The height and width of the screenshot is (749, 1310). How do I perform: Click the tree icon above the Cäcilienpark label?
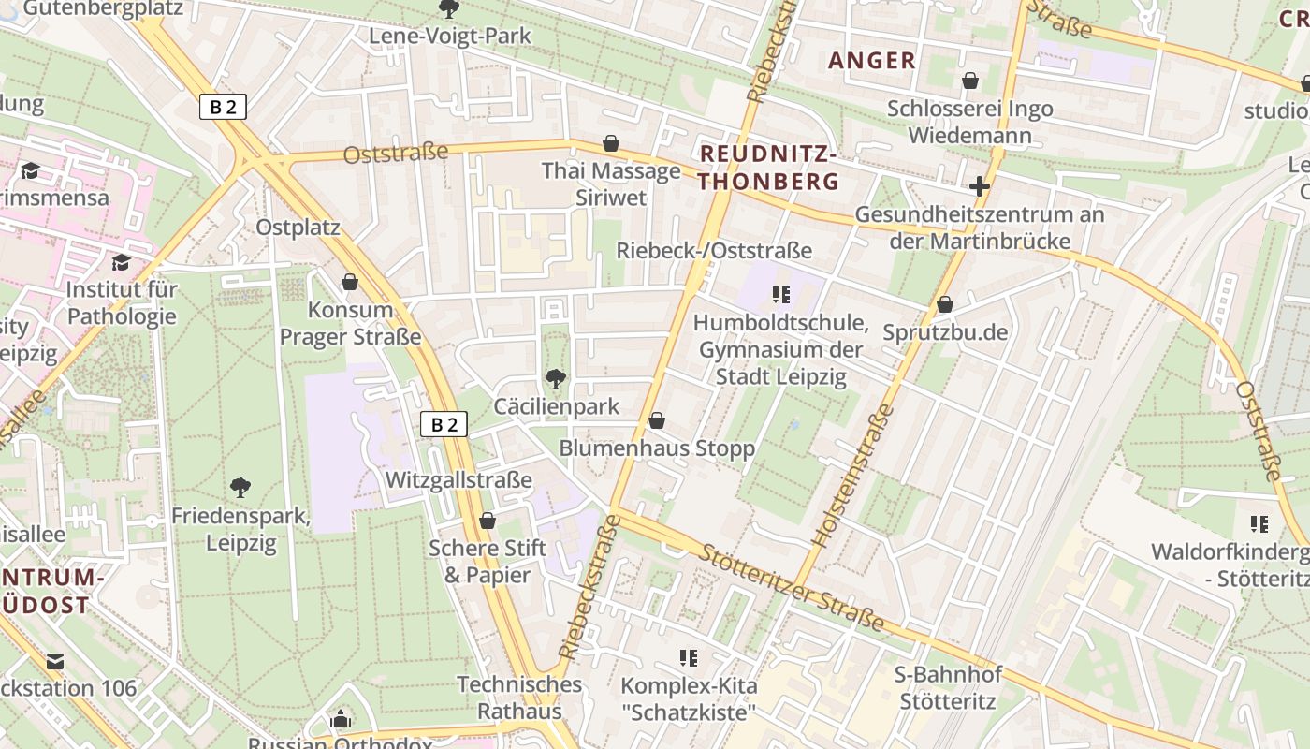[556, 379]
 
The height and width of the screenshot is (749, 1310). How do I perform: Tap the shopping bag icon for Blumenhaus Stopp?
[657, 421]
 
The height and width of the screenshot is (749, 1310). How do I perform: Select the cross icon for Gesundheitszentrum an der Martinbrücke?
[980, 186]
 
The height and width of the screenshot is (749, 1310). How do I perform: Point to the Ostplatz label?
[298, 228]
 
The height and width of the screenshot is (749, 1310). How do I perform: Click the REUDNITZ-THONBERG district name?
[769, 168]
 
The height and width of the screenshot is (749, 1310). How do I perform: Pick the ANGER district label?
[872, 61]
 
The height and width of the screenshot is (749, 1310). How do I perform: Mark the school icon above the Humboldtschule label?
[781, 296]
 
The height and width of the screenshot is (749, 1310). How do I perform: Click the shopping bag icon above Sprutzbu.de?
[945, 305]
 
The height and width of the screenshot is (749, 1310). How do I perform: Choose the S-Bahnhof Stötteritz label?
[949, 687]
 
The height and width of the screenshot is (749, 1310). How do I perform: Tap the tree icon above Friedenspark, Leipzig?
[240, 487]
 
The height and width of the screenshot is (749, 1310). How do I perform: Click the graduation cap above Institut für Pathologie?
[121, 262]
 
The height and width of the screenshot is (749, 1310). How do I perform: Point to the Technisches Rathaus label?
[519, 698]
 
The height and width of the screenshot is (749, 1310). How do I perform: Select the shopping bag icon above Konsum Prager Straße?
[350, 282]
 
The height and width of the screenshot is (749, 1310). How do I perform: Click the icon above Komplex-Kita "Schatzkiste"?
[689, 658]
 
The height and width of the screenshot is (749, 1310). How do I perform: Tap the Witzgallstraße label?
[458, 480]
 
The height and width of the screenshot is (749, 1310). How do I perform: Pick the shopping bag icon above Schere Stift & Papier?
[487, 521]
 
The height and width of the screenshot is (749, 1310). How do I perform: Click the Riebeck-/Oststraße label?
[714, 251]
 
